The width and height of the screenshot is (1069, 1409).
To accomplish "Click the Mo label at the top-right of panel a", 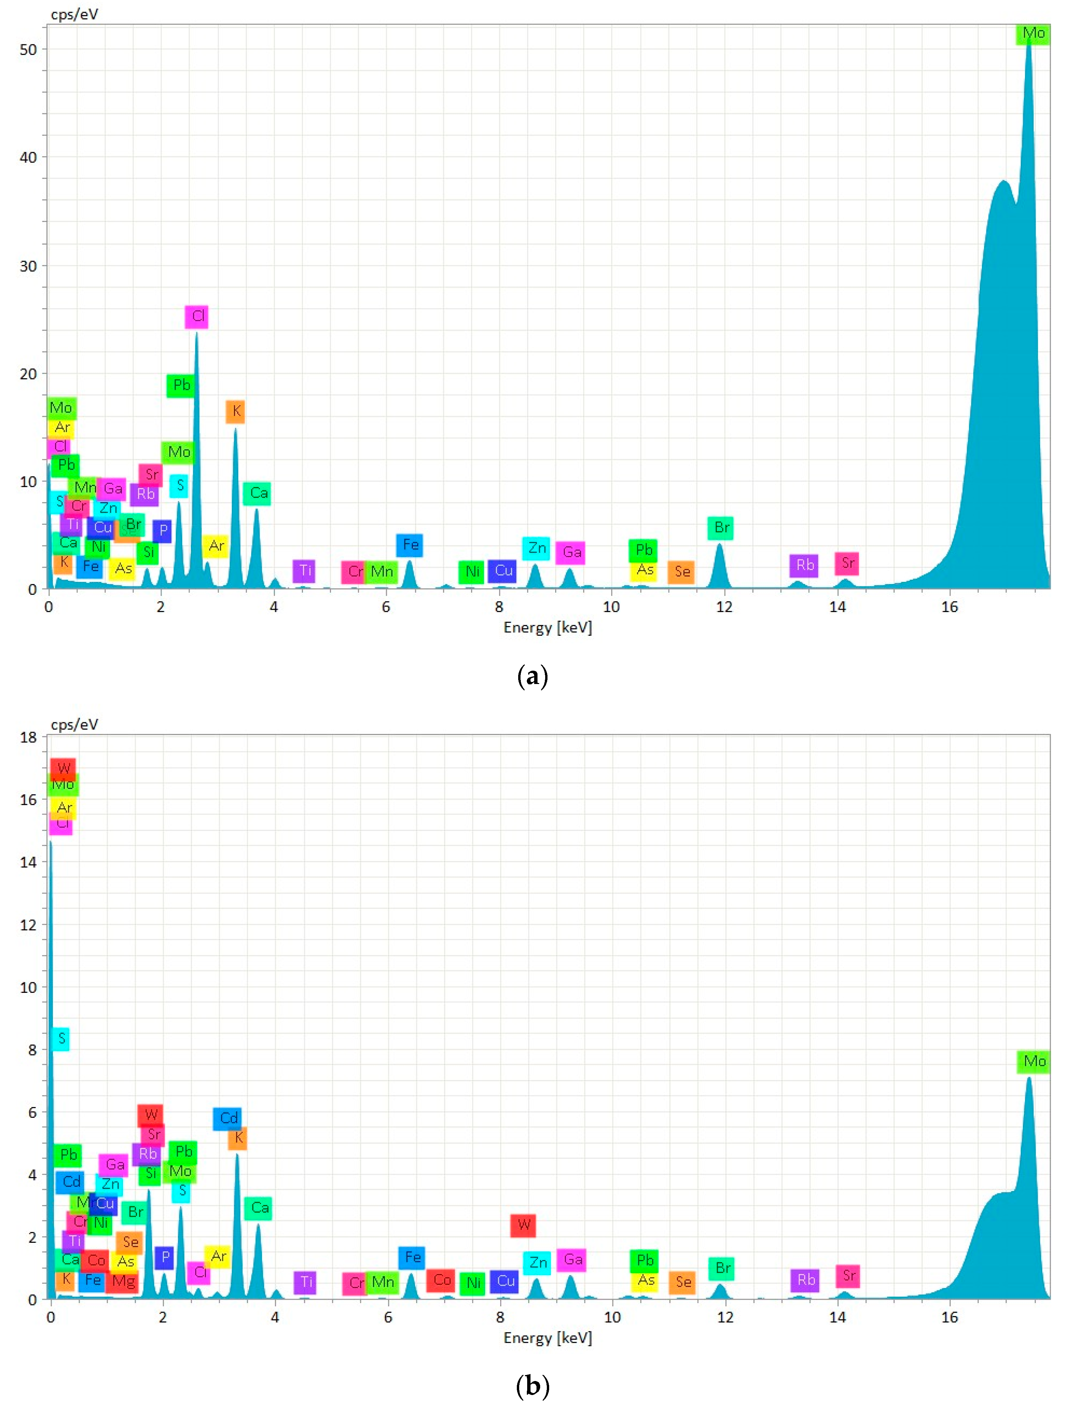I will pos(1033,33).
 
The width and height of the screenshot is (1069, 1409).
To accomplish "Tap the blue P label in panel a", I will pos(163,531).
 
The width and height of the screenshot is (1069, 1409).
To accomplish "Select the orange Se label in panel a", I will pos(682,571).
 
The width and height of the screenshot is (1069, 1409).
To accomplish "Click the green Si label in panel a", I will pos(148,552).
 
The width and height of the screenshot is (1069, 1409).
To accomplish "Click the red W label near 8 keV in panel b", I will pos(523,1224).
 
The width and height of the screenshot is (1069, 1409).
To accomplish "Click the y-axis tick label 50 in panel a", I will pos(29,50).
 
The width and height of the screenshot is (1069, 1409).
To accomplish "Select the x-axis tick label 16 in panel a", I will pos(949,607).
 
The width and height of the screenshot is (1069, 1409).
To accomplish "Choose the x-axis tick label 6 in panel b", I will pos(387,1317).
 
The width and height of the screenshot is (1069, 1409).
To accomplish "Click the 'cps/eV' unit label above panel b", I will pos(75,724).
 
